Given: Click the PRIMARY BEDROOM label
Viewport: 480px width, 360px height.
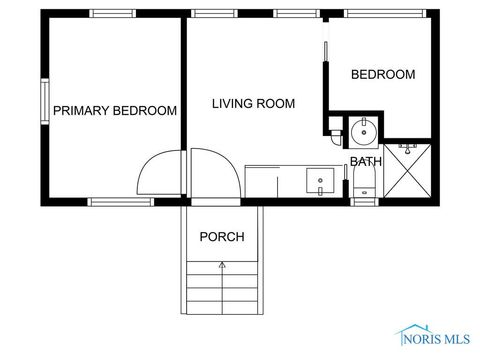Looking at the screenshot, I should (115, 111).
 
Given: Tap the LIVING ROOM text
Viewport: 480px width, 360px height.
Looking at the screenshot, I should (253, 103).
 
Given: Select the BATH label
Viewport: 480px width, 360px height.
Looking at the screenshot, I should (365, 161).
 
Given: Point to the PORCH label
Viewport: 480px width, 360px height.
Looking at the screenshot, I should (222, 237).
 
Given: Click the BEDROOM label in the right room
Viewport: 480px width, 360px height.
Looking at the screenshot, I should (382, 75).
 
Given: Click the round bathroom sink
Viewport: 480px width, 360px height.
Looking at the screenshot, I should (363, 129).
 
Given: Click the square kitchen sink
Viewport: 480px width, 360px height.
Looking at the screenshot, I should (321, 182).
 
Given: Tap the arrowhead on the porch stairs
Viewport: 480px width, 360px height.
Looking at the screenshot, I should (222, 265).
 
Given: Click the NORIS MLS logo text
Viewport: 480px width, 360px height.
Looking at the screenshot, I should (446, 338).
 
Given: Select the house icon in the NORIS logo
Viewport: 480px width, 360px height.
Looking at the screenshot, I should (409, 335).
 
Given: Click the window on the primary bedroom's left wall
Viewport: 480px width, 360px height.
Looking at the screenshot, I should (44, 103).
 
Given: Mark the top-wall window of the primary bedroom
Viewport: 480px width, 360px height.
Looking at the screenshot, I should (113, 14).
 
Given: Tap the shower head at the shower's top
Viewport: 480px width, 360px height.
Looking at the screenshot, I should (407, 147).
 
